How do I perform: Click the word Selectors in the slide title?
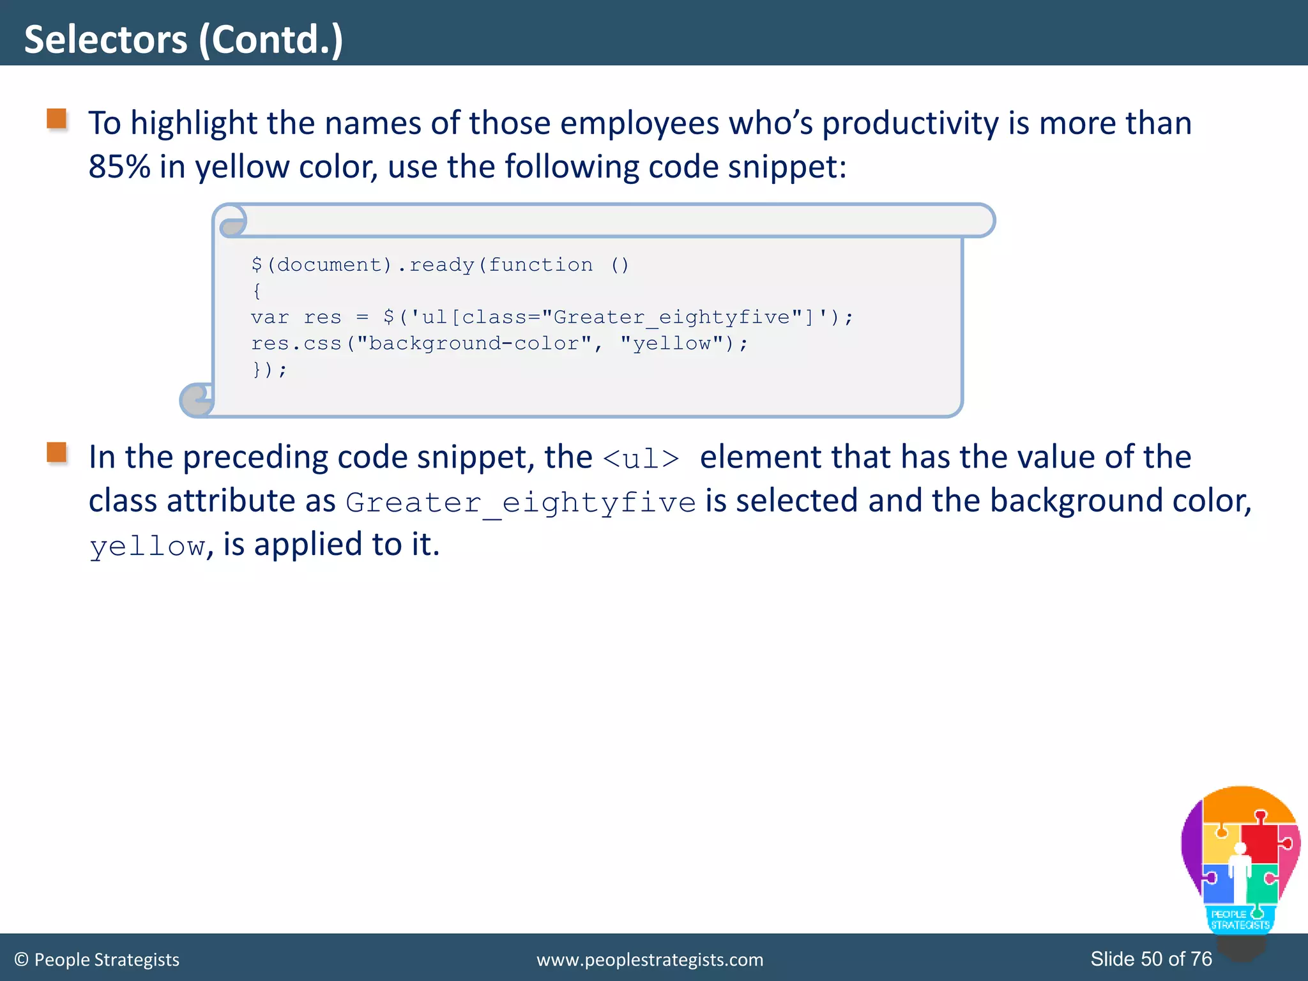(105, 40)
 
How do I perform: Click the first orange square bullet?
(57, 119)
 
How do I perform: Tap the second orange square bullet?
(57, 453)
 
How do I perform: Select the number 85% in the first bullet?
(119, 167)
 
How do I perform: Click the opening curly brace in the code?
(257, 291)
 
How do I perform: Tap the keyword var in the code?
(270, 317)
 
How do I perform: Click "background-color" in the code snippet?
(474, 344)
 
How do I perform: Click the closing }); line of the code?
(269, 370)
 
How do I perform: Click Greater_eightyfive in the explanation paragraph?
(521, 503)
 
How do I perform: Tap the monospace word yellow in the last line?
(148, 547)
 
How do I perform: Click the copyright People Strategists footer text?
(96, 959)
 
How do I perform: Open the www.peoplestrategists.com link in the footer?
(650, 959)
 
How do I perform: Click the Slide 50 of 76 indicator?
(1151, 959)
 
